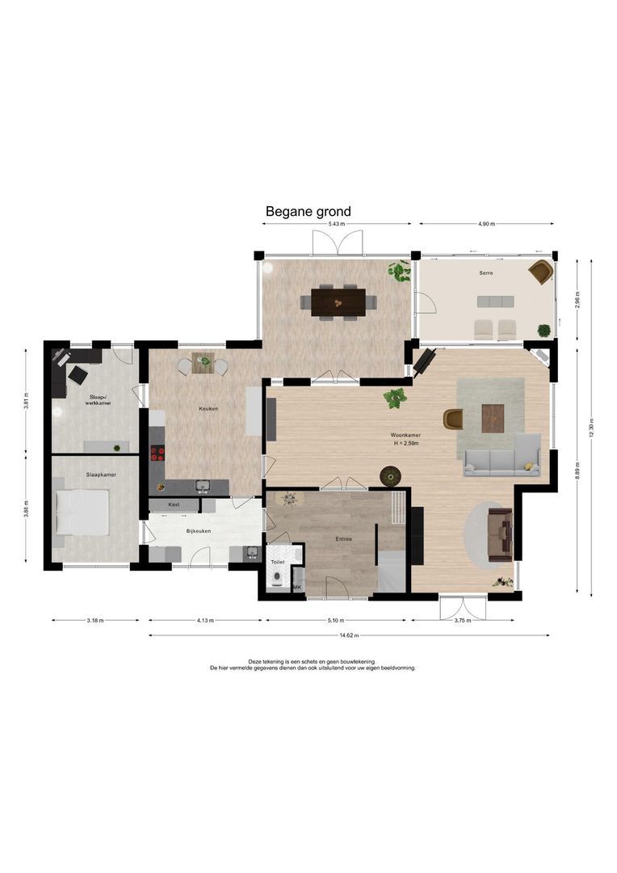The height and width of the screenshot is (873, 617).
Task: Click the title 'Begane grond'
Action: tap(308, 212)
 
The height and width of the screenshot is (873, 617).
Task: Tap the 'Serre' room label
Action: tap(486, 273)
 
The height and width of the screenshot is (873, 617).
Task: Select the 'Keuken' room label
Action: tap(208, 409)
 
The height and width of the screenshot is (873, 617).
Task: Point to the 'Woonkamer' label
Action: tap(405, 435)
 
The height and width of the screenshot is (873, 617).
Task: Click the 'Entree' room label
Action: tap(343, 539)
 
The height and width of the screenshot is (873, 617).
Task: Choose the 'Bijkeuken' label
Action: tap(199, 531)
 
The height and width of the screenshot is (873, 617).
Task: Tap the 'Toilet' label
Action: tap(278, 563)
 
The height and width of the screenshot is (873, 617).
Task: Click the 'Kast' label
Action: tap(174, 504)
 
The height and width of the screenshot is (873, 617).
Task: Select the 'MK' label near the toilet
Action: tap(297, 588)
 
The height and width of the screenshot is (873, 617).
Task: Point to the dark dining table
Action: tap(338, 302)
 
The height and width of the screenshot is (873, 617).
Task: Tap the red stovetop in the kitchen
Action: tap(157, 453)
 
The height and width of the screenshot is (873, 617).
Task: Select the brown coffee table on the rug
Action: tap(493, 418)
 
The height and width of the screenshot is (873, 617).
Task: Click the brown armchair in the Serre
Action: tap(540, 272)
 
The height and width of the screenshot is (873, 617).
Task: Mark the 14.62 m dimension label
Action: tap(350, 635)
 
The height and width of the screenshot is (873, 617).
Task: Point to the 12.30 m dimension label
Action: tap(591, 427)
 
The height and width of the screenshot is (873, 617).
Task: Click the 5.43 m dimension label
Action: tap(337, 224)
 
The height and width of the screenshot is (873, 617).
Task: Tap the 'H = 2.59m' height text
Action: tap(405, 443)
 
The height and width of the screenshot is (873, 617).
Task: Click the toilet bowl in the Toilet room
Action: tap(276, 581)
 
